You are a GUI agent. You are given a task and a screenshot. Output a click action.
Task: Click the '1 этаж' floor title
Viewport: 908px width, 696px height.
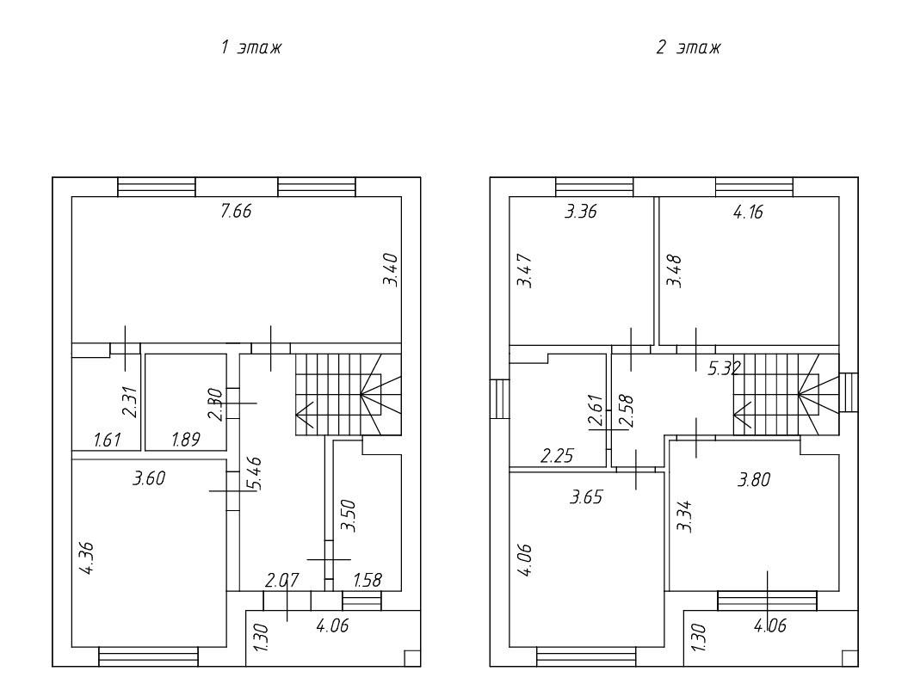pos(251,47)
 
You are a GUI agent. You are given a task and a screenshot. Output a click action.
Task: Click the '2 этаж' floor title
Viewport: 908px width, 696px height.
pos(688,47)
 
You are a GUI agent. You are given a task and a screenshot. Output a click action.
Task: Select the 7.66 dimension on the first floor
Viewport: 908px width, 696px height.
pos(237,211)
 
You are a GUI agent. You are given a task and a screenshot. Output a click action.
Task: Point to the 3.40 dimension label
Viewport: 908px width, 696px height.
pos(391,270)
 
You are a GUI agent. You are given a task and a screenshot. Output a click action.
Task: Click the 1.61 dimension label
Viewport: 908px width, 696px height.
pos(107,440)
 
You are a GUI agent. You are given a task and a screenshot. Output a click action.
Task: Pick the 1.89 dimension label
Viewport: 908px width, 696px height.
pos(185,440)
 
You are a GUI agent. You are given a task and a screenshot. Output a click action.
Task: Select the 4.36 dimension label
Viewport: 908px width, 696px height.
pos(86,557)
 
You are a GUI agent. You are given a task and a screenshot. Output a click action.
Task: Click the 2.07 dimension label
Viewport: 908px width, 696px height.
pos(282,580)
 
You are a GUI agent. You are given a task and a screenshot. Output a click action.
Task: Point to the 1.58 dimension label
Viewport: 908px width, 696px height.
pos(368,580)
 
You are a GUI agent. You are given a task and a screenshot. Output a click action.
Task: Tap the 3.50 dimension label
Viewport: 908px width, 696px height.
pos(349,515)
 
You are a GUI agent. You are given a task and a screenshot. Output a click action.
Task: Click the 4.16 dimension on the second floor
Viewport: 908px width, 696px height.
pos(748,212)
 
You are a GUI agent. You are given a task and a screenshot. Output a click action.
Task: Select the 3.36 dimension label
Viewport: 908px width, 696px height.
pos(580,212)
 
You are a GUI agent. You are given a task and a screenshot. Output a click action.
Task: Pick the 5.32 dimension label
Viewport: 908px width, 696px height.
pos(724,368)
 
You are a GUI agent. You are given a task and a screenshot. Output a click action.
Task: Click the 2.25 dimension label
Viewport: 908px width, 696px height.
pos(557,456)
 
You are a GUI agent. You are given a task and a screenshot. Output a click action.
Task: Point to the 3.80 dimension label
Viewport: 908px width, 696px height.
pos(753,479)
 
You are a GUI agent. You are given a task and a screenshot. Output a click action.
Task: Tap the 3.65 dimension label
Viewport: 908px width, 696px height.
pos(586,496)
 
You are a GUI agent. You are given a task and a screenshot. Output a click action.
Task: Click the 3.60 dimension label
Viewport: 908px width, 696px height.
pos(149,478)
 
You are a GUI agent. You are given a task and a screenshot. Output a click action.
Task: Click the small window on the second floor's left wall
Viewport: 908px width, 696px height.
pos(499,398)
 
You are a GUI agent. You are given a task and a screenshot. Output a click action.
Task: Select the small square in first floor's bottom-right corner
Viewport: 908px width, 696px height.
pos(411,658)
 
